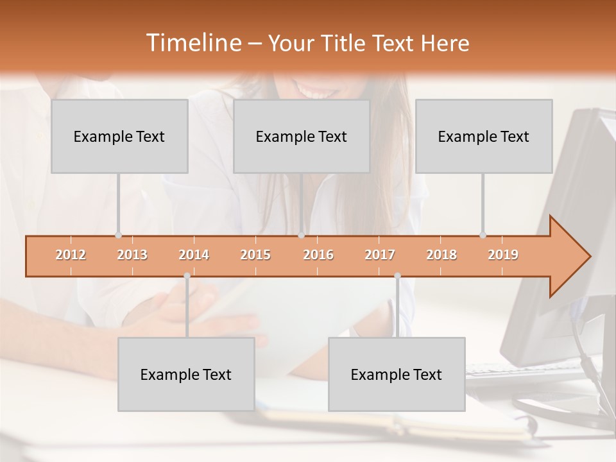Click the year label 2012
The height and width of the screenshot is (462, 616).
click(71, 255)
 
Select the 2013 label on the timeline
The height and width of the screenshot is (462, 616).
click(132, 255)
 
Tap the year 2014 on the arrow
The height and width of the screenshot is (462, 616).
click(194, 255)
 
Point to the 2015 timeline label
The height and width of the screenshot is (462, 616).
click(255, 255)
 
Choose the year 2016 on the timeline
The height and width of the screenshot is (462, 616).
click(318, 255)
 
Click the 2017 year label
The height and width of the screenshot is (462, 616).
click(380, 255)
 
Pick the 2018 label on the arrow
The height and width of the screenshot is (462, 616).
click(441, 255)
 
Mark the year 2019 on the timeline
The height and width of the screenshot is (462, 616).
click(503, 255)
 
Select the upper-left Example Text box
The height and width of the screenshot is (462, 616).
click(119, 136)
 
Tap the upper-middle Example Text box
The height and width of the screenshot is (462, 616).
click(302, 136)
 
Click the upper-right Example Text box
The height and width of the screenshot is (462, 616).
click(484, 136)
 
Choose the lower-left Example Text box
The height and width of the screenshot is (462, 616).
click(186, 374)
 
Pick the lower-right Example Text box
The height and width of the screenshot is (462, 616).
click(397, 374)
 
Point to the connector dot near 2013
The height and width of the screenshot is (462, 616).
click(118, 235)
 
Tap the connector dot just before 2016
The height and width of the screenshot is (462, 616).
click(301, 235)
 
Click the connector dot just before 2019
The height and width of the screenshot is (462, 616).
click(483, 235)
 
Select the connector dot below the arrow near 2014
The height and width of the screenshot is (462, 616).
click(187, 276)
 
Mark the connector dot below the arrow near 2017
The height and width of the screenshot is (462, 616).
click(397, 276)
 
